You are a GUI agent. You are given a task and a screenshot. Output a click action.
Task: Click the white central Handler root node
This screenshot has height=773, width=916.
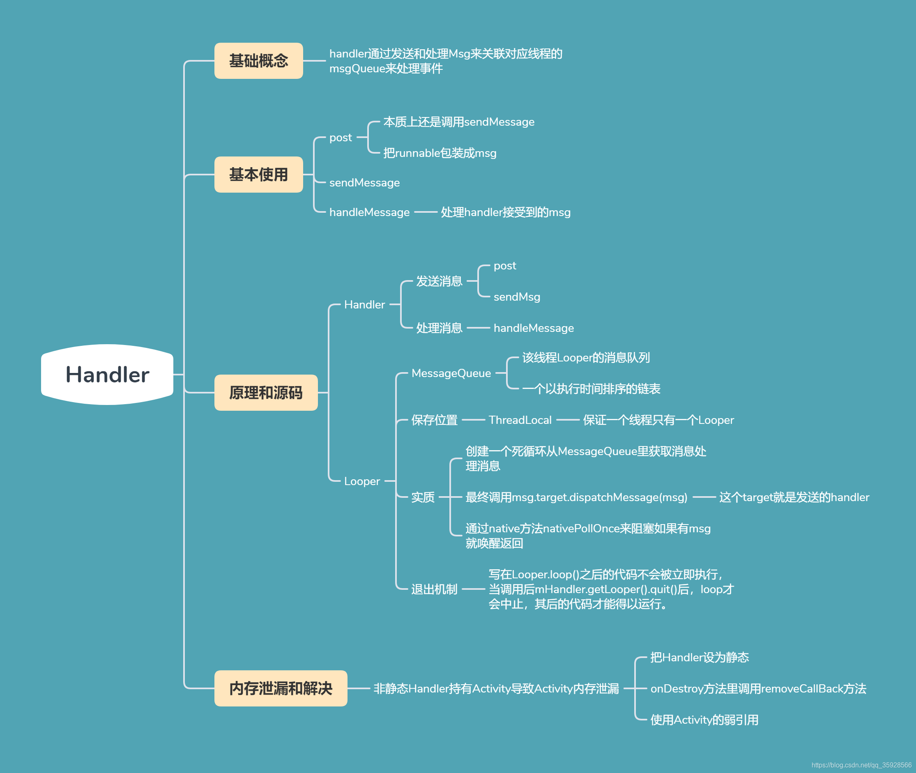107,375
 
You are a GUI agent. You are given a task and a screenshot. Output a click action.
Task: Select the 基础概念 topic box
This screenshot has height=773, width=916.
259,61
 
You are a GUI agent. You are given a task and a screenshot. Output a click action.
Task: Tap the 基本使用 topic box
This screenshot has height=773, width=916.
259,175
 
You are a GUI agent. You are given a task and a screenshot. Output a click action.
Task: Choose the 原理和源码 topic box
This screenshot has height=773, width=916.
266,393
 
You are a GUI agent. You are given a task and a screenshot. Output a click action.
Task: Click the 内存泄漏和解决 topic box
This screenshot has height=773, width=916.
281,688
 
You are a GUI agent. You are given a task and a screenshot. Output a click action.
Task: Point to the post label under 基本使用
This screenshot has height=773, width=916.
341,138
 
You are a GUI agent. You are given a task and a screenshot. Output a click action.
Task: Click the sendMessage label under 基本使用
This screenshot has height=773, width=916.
364,183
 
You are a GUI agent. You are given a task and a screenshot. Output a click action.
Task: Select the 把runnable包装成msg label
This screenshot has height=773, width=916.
440,153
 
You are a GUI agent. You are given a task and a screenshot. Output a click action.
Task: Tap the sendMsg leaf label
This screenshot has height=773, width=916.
517,297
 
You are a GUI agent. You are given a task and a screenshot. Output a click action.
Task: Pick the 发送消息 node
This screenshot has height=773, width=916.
439,281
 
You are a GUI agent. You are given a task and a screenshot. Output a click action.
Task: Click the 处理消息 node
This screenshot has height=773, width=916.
439,328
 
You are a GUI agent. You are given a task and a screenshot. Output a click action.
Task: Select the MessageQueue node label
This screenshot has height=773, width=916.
451,373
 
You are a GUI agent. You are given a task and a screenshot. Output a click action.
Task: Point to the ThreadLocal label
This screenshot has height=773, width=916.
520,420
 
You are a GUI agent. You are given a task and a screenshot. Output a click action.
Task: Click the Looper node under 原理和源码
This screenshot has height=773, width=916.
362,481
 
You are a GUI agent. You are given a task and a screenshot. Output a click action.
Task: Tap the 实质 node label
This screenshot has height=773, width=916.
423,497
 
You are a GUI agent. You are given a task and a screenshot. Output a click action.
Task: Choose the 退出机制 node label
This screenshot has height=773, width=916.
434,589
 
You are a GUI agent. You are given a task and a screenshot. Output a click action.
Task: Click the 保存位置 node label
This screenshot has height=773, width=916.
434,420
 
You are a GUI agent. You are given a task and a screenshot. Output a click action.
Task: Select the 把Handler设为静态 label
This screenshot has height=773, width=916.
700,657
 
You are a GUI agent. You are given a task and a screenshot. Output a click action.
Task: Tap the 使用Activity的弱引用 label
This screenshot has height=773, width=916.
704,720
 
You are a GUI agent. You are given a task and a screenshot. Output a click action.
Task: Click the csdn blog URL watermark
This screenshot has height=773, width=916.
861,765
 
